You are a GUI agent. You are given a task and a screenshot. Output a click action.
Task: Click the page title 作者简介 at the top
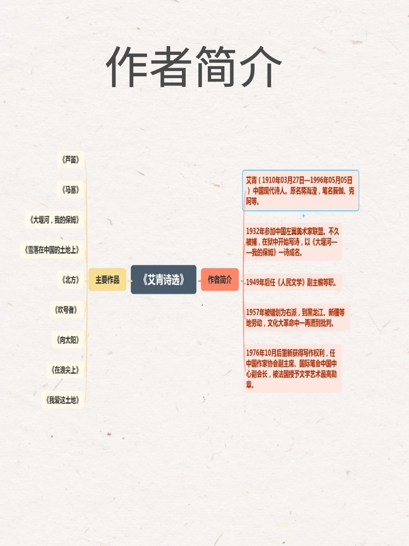(x=194, y=67)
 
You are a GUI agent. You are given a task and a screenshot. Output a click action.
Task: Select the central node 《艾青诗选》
(x=163, y=280)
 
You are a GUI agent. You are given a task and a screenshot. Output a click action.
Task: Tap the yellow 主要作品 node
(x=107, y=280)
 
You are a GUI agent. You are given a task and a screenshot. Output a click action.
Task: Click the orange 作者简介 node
(x=220, y=280)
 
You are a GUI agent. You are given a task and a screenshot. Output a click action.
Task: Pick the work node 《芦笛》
(x=70, y=160)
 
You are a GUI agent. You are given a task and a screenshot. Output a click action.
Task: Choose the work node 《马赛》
(x=70, y=190)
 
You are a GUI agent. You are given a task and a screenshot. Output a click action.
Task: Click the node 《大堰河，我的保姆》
(x=55, y=220)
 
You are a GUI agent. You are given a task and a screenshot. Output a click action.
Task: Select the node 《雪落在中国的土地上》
(x=52, y=250)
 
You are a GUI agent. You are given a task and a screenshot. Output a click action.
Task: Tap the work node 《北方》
(x=70, y=280)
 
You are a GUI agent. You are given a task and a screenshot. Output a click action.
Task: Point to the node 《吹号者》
(x=66, y=310)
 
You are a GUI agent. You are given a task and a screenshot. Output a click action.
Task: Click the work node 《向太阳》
(x=68, y=340)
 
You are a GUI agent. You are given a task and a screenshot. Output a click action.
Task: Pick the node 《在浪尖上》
(x=65, y=370)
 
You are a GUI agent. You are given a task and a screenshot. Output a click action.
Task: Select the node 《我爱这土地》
(x=63, y=400)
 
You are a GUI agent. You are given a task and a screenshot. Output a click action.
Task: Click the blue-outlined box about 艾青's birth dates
(x=300, y=190)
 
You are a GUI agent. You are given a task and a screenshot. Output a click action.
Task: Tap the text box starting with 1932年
(x=292, y=242)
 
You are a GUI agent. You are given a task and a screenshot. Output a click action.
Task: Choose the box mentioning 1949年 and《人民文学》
(x=292, y=282)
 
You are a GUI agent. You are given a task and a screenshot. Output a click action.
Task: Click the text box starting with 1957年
(x=296, y=317)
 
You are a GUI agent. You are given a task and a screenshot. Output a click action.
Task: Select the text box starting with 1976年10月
(x=292, y=368)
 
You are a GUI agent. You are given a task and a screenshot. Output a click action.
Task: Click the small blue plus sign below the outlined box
(x=303, y=216)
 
